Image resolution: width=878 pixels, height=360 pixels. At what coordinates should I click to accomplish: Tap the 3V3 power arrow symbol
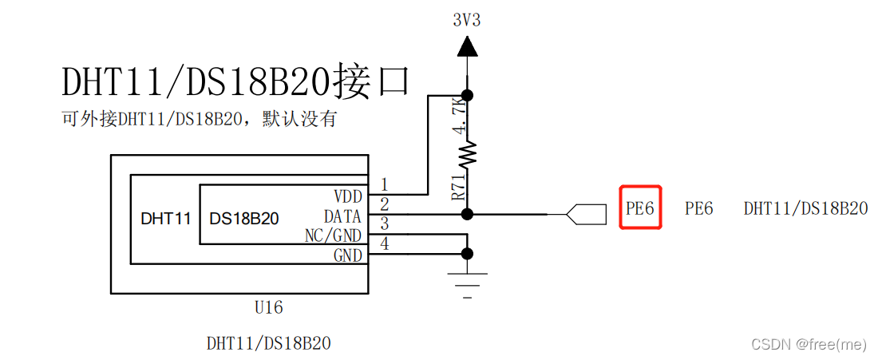pyautogui.click(x=467, y=47)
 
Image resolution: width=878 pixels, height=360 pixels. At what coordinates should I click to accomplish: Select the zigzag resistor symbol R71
pyautogui.click(x=467, y=152)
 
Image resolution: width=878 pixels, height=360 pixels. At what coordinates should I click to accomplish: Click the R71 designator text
pyautogui.click(x=457, y=188)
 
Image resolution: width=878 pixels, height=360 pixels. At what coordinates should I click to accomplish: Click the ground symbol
pyautogui.click(x=467, y=283)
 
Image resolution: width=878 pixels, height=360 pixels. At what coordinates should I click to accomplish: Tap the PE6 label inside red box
pyautogui.click(x=640, y=208)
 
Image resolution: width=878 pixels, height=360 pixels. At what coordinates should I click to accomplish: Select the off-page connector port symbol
pyautogui.click(x=583, y=214)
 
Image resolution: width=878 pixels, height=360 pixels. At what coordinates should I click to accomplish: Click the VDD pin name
pyautogui.click(x=347, y=196)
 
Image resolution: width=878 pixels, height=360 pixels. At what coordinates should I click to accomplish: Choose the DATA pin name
pyautogui.click(x=342, y=216)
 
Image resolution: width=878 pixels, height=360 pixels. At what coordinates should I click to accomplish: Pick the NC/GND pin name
pyautogui.click(x=333, y=236)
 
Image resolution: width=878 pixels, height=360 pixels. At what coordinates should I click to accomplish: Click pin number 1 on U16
pyautogui.click(x=384, y=185)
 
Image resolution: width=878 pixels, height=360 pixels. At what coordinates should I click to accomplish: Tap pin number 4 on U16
pyautogui.click(x=384, y=244)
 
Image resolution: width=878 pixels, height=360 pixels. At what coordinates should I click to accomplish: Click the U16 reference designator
pyautogui.click(x=267, y=307)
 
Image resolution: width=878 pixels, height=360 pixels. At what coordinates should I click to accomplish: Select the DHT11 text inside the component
pyautogui.click(x=165, y=218)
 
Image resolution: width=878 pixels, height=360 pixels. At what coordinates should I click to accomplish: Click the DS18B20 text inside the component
pyautogui.click(x=243, y=218)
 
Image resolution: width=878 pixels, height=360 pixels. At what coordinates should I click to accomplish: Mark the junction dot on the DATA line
pyautogui.click(x=468, y=214)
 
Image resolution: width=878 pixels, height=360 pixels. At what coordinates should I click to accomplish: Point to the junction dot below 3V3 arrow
pyautogui.click(x=468, y=95)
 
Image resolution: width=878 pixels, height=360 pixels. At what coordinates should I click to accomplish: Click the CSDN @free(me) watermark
pyautogui.click(x=809, y=344)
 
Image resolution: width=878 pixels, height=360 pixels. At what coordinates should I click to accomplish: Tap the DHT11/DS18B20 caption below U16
pyautogui.click(x=268, y=344)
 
